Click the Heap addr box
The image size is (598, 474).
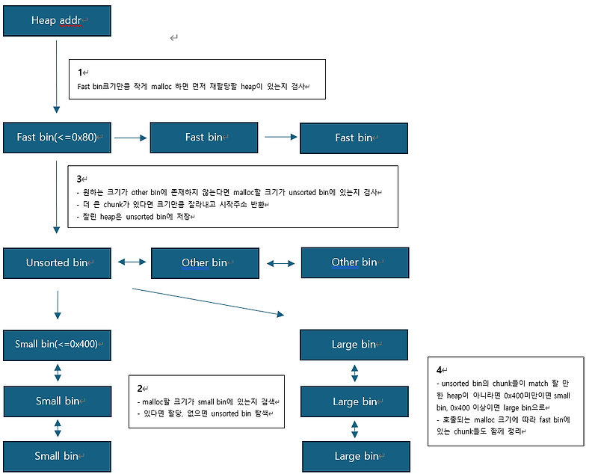coord(57,20)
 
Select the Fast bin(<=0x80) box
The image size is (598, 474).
coord(57,138)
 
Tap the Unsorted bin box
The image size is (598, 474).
coord(57,262)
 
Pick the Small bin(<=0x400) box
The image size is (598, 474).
coord(57,345)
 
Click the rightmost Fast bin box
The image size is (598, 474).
coord(354,138)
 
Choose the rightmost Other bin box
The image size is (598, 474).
coord(354,262)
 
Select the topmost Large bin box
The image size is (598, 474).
coord(354,345)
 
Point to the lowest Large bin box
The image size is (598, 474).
coord(356,456)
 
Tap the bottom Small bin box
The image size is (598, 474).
coord(57,456)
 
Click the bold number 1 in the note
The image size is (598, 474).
coord(80,73)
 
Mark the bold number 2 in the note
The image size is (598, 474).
coord(140,389)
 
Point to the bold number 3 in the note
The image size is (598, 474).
coord(80,179)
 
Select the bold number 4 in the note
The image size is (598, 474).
coord(439,370)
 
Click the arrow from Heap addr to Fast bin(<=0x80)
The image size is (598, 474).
coord(57,75)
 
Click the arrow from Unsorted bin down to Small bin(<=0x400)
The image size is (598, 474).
coord(57,305)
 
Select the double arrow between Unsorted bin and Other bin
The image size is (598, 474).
coord(132,262)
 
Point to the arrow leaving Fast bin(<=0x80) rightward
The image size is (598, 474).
coord(131,138)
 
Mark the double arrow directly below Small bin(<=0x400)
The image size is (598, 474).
coord(58,372)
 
